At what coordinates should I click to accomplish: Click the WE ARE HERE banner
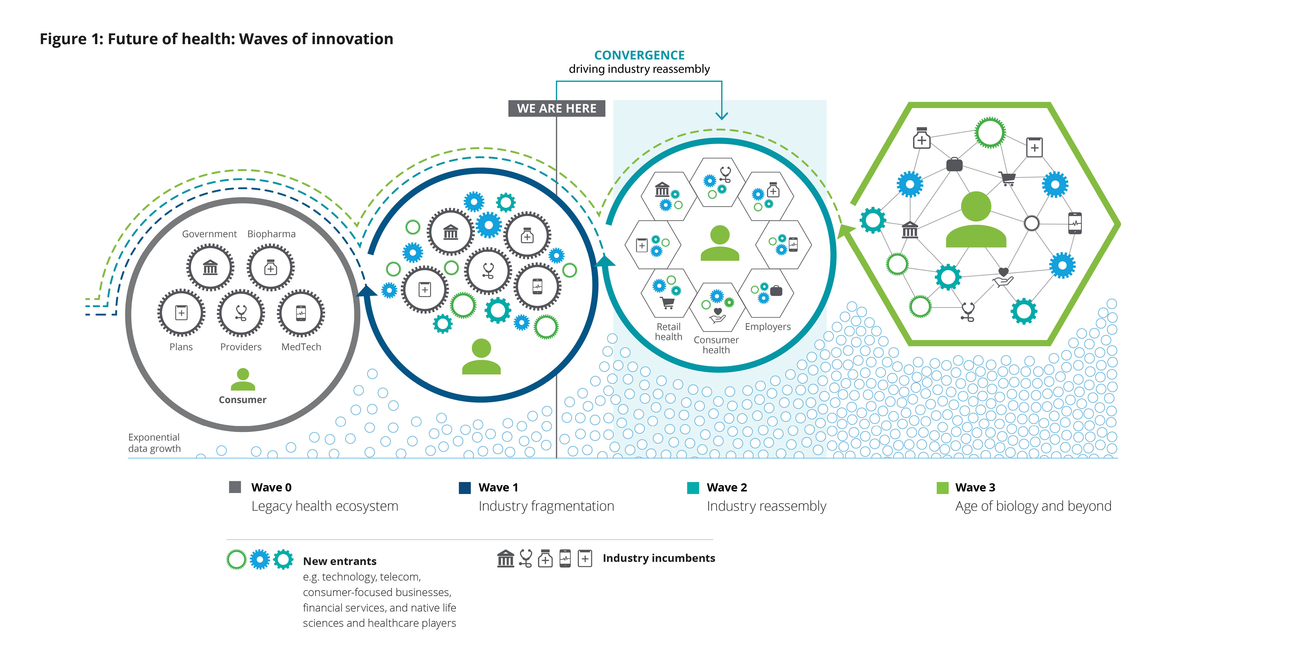[557, 108]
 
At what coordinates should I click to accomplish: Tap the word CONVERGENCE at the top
[639, 55]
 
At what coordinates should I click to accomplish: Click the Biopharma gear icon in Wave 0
[271, 267]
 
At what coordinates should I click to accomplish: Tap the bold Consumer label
[242, 400]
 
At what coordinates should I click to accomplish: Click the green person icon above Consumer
[243, 379]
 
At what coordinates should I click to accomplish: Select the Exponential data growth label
[154, 443]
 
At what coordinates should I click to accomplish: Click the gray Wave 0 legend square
[235, 487]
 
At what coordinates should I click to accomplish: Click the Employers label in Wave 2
[768, 326]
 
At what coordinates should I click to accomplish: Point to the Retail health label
[669, 332]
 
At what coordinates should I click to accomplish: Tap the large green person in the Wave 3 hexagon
[976, 219]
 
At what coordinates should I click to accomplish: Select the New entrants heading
[340, 561]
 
